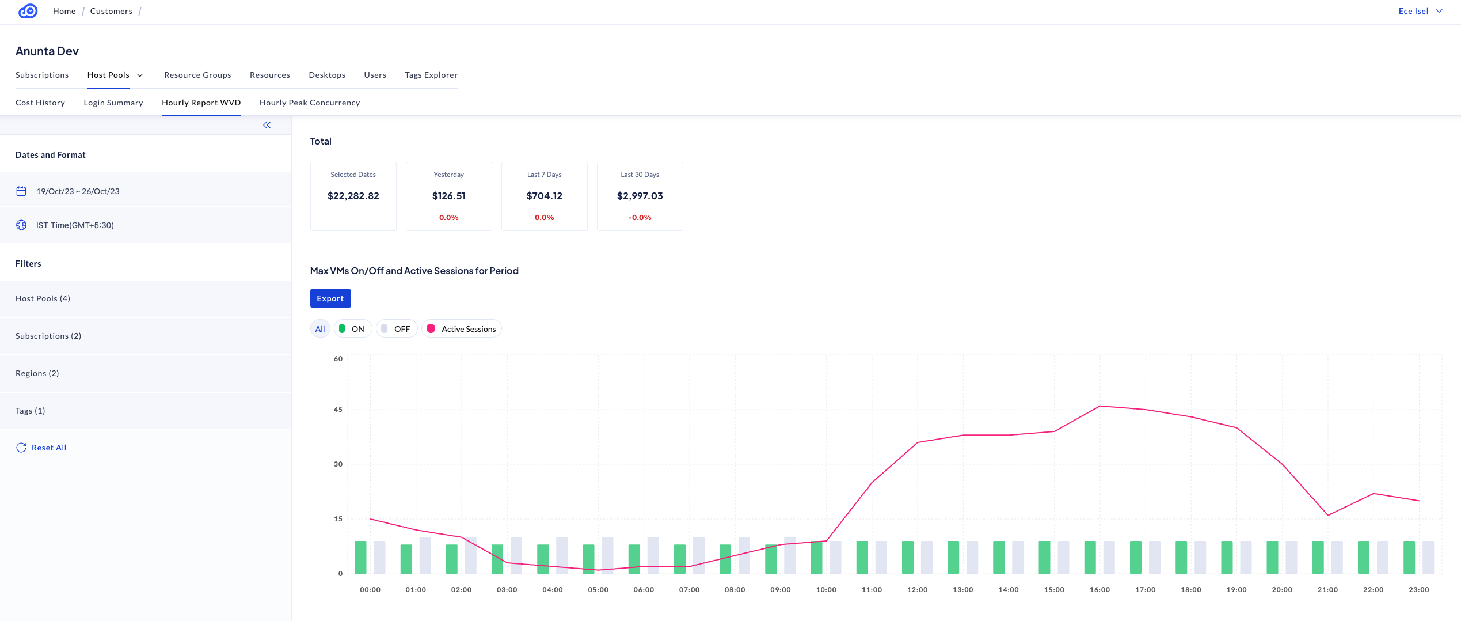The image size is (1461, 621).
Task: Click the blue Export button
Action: click(330, 298)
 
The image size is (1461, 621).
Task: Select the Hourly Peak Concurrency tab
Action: click(310, 103)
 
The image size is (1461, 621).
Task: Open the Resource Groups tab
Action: click(197, 75)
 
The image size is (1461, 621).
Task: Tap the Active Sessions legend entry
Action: click(462, 329)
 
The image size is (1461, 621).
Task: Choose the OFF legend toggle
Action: click(397, 329)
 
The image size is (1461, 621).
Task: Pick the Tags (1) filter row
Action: click(31, 411)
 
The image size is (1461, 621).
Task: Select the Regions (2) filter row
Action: click(37, 373)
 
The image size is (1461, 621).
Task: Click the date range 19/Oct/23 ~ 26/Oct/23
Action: click(78, 191)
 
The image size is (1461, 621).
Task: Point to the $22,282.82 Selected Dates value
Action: click(353, 196)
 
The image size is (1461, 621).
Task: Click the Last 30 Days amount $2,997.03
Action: click(640, 196)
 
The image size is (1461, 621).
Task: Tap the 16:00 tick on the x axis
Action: click(1099, 590)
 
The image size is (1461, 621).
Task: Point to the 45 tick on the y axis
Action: click(338, 410)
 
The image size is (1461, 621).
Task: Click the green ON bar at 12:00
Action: click(908, 557)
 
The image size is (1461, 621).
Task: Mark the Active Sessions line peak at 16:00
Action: click(1099, 406)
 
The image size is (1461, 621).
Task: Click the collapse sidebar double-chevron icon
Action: click(267, 125)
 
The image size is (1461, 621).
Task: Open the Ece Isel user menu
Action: click(1420, 11)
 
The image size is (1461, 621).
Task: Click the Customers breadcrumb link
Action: click(111, 11)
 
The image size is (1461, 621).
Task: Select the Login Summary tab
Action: click(113, 103)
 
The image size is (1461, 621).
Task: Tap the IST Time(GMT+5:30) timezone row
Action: click(75, 225)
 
